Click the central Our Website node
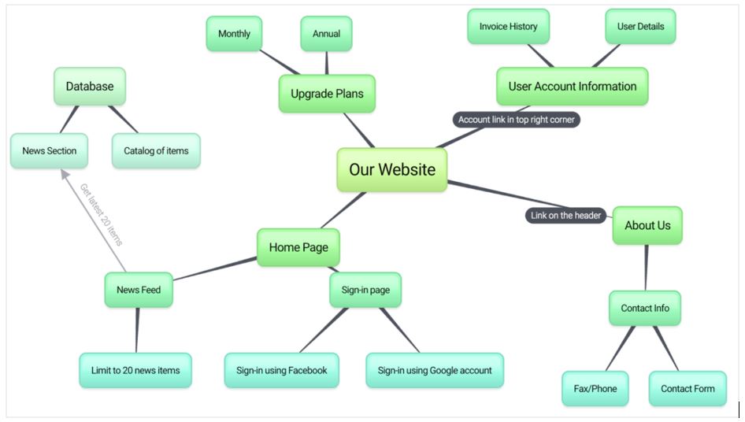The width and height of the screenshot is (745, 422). [x=391, y=169]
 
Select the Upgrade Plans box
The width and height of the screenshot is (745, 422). [x=327, y=94]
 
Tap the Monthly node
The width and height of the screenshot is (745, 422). [x=234, y=34]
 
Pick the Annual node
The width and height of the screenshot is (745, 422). [x=326, y=34]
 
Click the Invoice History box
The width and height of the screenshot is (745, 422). [x=508, y=27]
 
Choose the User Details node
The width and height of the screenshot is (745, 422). [x=640, y=27]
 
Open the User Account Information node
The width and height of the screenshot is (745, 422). [x=572, y=87]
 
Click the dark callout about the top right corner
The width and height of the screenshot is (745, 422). [x=517, y=120]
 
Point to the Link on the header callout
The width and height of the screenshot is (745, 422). [x=565, y=215]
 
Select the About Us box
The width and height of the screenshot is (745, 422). [x=647, y=225]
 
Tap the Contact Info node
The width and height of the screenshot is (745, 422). [x=644, y=308]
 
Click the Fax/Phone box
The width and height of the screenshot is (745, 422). [x=595, y=388]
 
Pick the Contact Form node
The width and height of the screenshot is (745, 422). [x=688, y=388]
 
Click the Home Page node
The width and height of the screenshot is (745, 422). [x=298, y=247]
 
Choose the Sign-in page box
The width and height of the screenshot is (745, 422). [x=365, y=290]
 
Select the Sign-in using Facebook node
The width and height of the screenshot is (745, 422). [x=281, y=370]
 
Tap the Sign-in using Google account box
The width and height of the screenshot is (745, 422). [x=434, y=370]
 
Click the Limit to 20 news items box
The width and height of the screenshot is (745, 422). [x=135, y=370]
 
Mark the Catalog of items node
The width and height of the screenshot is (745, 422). [x=156, y=150]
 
